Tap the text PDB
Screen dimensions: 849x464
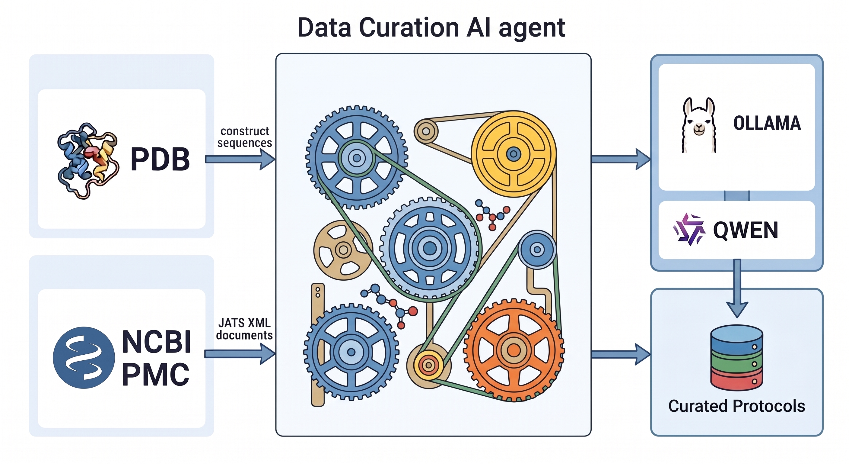point(160,159)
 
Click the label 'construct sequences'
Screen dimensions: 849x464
point(245,137)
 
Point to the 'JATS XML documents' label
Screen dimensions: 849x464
point(244,329)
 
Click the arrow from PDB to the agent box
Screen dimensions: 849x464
point(240,159)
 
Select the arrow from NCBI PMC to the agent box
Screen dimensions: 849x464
point(240,354)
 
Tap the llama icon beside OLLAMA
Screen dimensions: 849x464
point(699,125)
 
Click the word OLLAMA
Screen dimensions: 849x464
point(767,123)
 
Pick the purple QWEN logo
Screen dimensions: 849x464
point(689,229)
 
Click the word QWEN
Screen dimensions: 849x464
point(746,230)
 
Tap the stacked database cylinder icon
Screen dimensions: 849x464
point(737,358)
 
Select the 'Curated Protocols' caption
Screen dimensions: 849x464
point(736,406)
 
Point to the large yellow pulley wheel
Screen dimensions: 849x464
point(514,154)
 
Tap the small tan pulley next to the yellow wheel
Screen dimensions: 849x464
point(426,131)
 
